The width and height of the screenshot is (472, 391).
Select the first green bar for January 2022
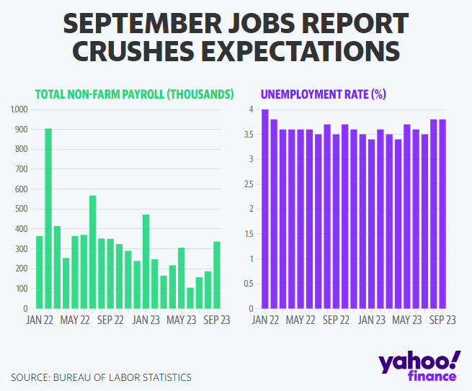tap(40, 272)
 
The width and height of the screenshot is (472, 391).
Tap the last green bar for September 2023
tap(217, 275)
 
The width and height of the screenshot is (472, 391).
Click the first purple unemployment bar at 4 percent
tap(265, 209)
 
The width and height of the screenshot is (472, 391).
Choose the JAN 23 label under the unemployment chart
tap(372, 320)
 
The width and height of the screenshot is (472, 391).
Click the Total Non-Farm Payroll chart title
tap(134, 94)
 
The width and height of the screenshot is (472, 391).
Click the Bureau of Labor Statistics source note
tap(101, 377)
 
